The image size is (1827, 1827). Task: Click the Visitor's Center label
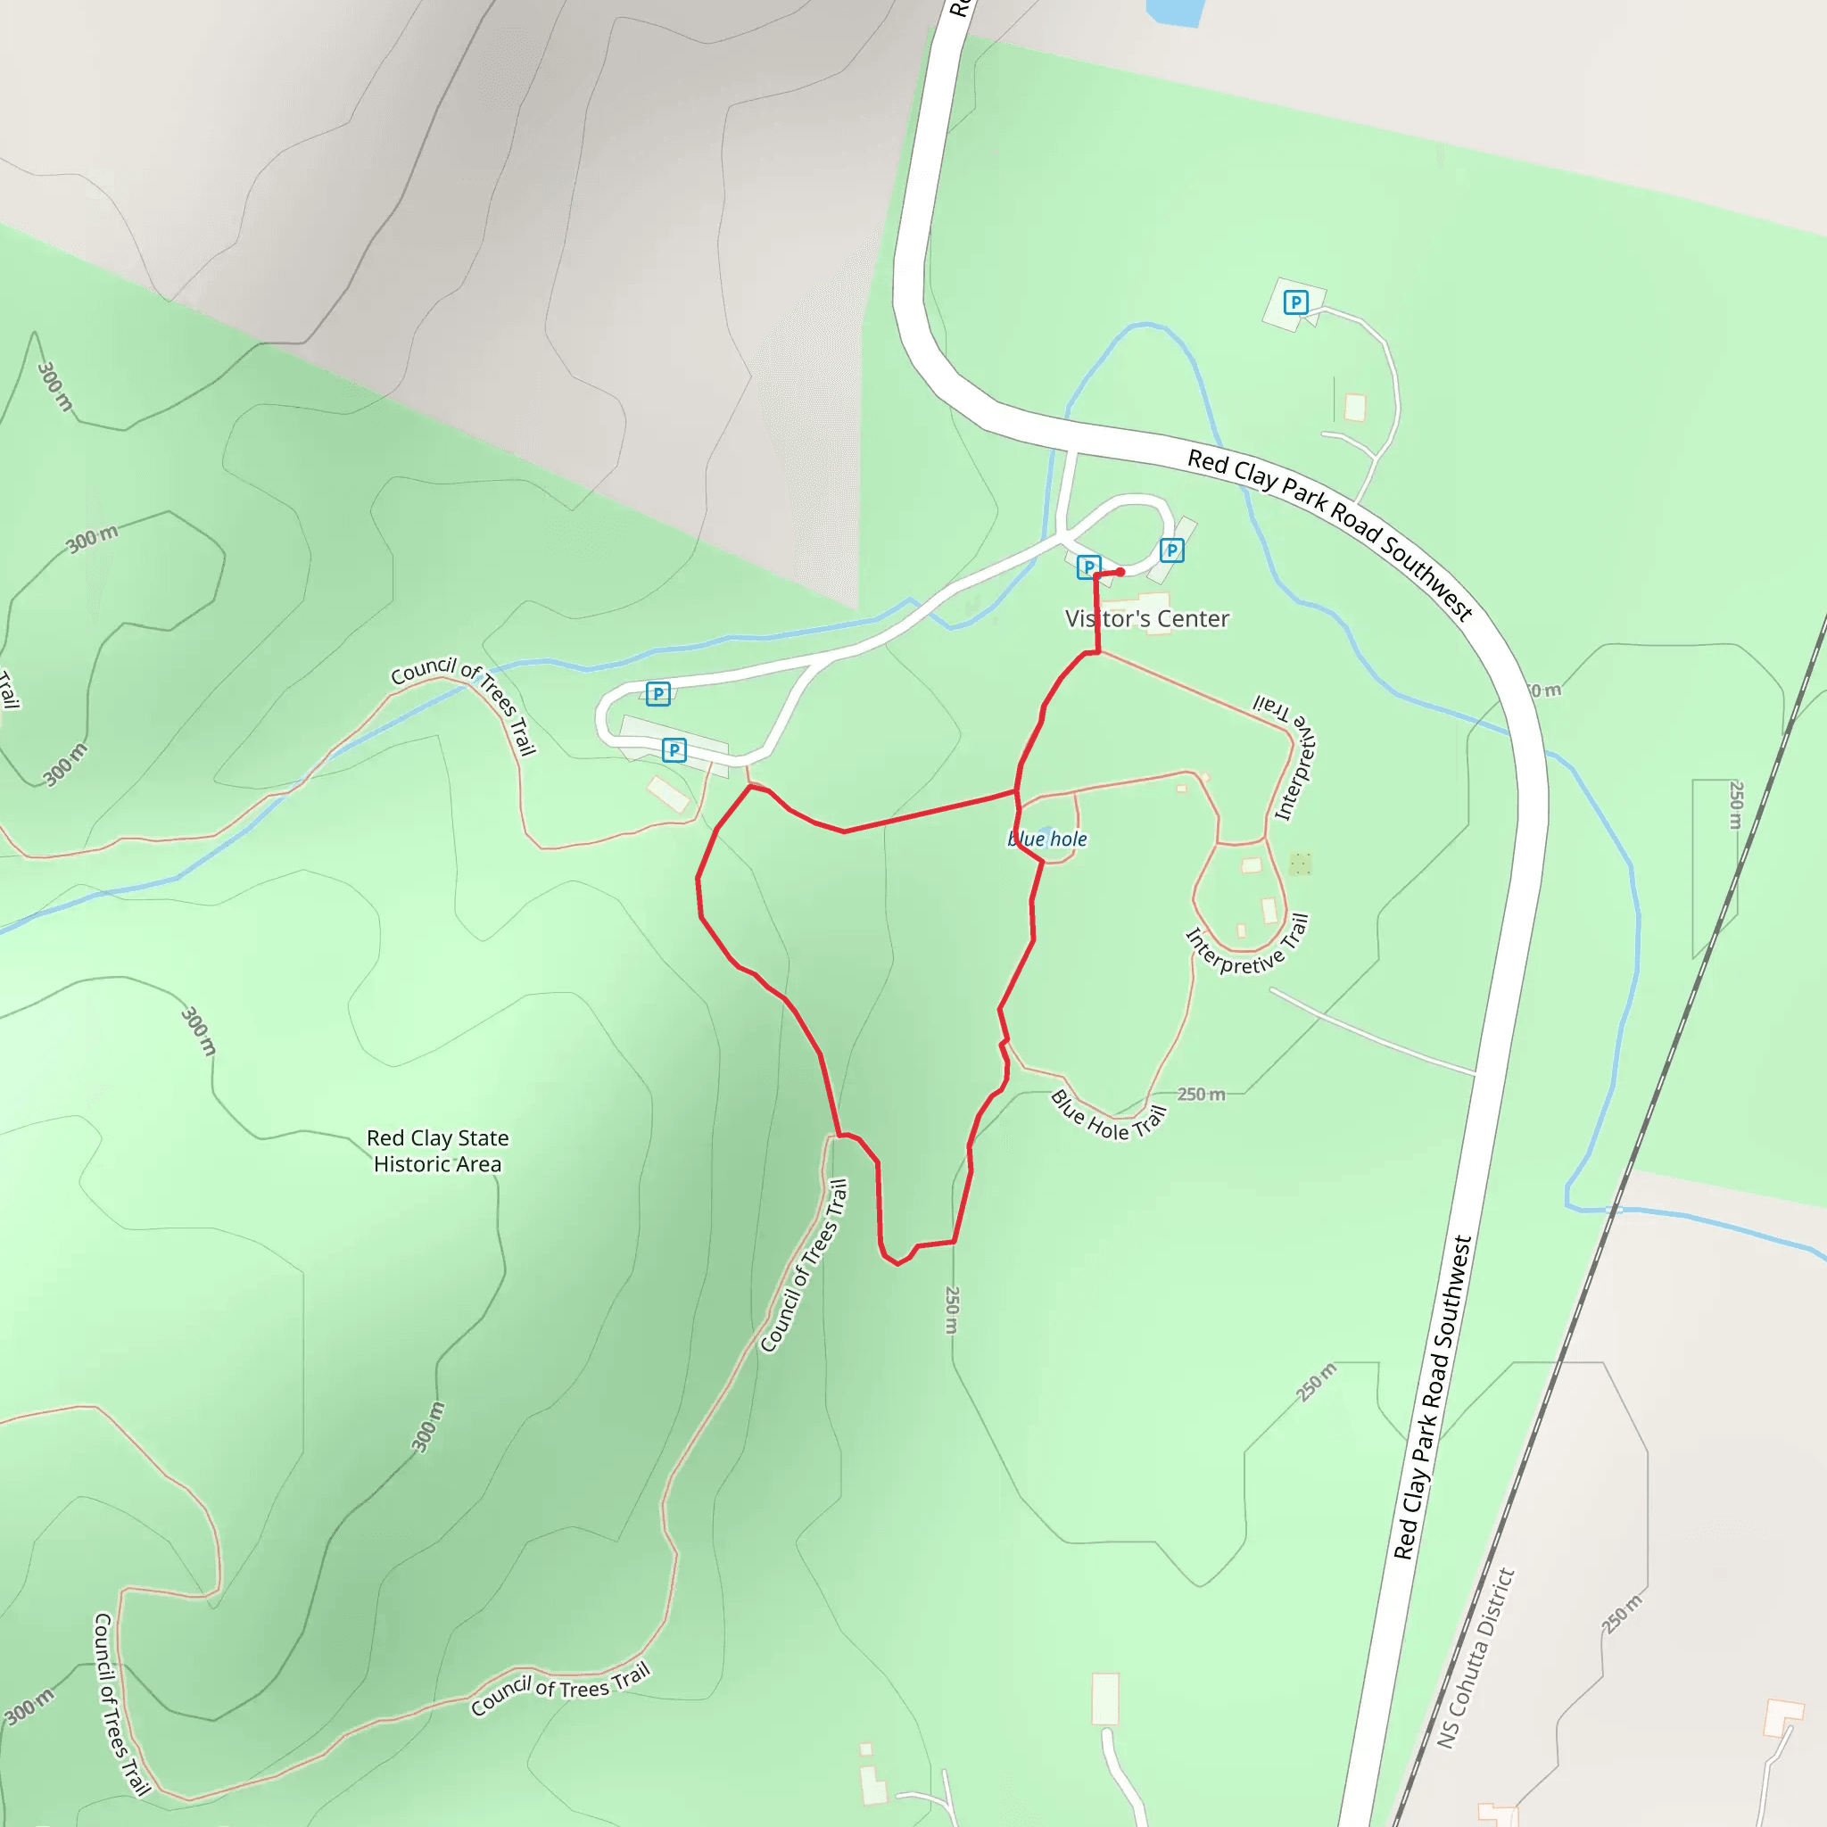[1147, 618]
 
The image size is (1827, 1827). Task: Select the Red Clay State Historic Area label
[438, 1151]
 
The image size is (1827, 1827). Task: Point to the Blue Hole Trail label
[1107, 1116]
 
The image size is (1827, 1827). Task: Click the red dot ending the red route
[1120, 572]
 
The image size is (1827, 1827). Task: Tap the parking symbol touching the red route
[1088, 567]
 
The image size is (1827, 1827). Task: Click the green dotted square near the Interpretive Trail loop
[1301, 864]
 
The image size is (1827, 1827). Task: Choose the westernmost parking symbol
[658, 693]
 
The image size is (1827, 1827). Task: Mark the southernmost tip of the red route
[897, 1264]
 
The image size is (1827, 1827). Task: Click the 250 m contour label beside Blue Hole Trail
[1201, 1094]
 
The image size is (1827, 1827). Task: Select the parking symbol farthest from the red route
[1295, 302]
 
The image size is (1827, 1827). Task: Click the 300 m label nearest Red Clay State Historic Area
[199, 1030]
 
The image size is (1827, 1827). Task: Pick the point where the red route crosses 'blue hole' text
[1020, 838]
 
